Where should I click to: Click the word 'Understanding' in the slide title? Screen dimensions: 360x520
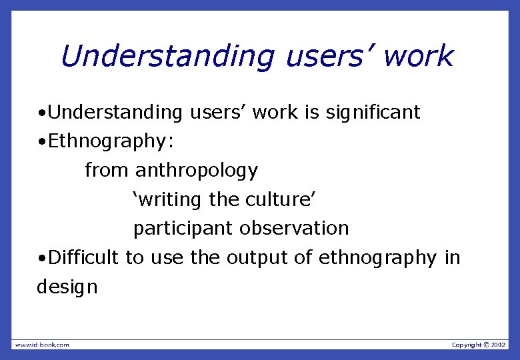click(166, 57)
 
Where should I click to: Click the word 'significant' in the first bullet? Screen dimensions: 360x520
click(373, 113)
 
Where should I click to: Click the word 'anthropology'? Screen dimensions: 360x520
click(196, 171)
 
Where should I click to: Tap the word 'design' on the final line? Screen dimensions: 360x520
click(67, 287)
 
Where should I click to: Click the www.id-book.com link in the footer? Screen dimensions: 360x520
click(42, 345)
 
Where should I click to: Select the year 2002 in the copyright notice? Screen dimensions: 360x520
click(499, 345)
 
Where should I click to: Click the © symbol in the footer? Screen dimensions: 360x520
click(486, 345)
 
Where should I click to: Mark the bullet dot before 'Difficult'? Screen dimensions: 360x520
click(41, 258)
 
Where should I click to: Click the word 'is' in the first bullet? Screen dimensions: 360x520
click(312, 113)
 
